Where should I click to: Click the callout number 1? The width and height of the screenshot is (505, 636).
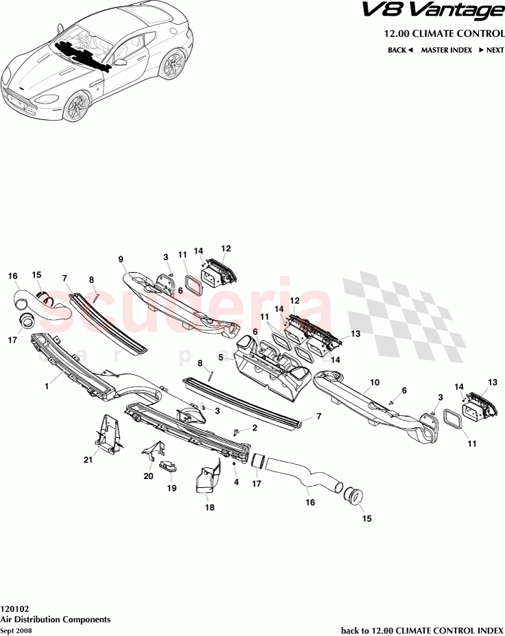(x=47, y=387)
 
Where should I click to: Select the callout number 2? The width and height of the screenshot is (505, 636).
(x=254, y=428)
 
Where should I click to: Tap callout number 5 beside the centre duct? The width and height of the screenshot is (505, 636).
(x=221, y=357)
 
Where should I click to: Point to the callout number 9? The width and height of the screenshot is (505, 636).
(x=121, y=259)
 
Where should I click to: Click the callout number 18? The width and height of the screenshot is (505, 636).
(x=210, y=507)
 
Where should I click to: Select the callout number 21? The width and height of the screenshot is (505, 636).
(x=88, y=460)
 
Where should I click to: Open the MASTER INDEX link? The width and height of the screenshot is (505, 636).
(x=446, y=50)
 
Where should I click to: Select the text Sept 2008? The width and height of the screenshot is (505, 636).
(x=16, y=629)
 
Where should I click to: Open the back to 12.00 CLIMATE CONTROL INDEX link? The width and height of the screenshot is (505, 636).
(x=421, y=629)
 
